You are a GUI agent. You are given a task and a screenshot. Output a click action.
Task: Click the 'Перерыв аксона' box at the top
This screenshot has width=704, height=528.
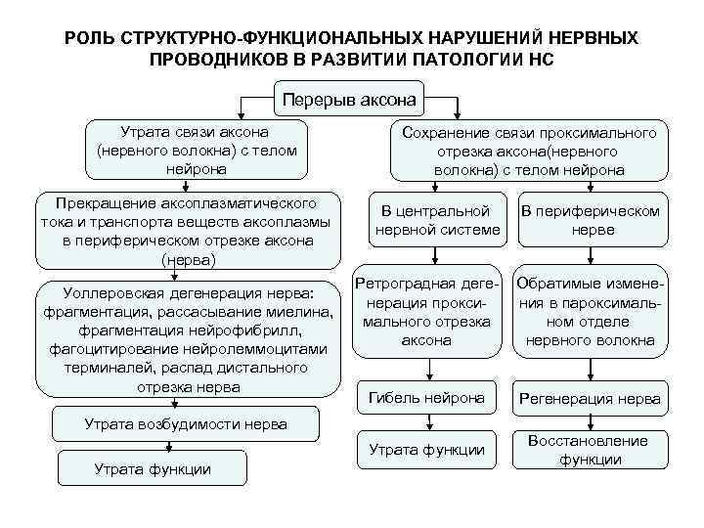coord(349,99)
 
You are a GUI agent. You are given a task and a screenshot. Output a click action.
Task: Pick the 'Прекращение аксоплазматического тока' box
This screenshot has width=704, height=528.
coord(188,232)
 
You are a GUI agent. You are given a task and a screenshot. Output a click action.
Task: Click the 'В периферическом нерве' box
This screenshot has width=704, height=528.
coord(590,220)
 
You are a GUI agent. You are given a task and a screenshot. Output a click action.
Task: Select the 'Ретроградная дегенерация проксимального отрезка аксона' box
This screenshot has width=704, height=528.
coord(426,311)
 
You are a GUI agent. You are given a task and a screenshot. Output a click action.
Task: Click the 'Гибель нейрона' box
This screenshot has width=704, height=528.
coord(426,397)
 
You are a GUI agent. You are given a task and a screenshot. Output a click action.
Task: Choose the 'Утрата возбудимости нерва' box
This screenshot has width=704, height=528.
coord(186,424)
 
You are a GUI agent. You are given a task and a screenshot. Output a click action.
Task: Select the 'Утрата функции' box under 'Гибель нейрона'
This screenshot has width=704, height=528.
coord(426,450)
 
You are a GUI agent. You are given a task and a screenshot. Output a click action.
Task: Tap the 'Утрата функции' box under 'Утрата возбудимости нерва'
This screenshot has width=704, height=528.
coord(152,469)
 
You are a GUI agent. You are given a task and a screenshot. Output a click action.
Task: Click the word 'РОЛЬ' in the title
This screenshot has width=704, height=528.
coord(91,37)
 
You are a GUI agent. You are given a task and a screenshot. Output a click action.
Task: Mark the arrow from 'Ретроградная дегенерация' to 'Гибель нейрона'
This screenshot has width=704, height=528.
coord(427,367)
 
